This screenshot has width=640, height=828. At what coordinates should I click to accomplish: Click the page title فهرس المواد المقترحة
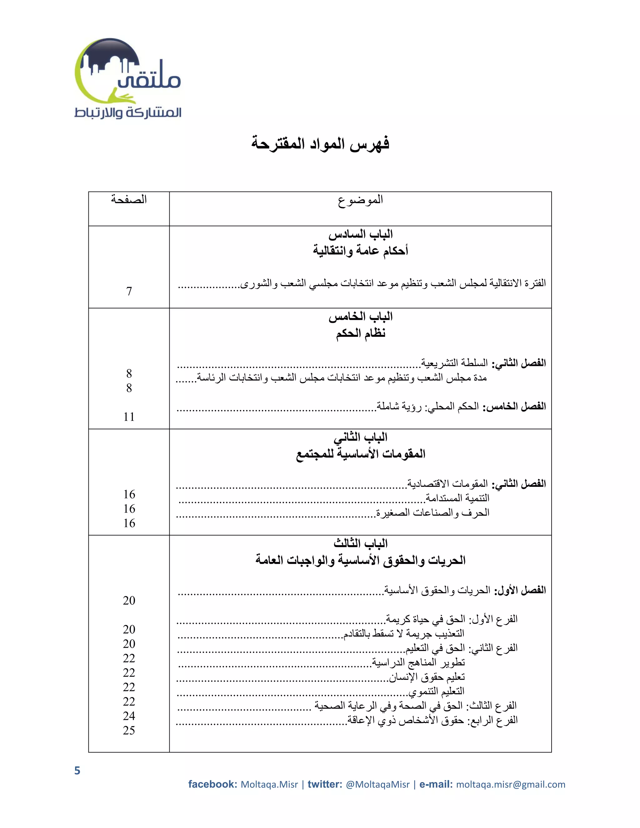point(320,144)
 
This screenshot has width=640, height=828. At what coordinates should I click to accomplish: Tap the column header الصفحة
point(129,199)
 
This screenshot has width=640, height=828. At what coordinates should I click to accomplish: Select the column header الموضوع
point(360,199)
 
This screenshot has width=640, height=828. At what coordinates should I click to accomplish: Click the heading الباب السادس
point(360,234)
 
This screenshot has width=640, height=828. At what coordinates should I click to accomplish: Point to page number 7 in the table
point(129,291)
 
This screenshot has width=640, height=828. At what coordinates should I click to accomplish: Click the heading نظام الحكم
point(360,333)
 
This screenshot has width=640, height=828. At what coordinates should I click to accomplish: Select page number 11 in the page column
point(129,416)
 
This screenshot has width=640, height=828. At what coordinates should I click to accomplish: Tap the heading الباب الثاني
point(360,437)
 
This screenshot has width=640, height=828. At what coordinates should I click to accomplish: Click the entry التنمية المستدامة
point(457,498)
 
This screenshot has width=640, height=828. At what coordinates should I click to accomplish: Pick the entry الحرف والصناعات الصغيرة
point(432,512)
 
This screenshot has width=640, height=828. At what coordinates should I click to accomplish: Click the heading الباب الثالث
point(360,543)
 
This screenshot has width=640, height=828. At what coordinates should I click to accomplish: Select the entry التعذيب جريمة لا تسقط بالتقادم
point(403,633)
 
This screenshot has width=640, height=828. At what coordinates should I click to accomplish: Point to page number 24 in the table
point(129,716)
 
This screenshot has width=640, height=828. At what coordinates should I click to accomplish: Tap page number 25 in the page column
point(129,730)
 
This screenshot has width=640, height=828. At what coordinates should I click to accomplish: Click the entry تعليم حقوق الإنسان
point(427,677)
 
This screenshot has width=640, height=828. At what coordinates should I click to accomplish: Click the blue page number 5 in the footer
point(77,771)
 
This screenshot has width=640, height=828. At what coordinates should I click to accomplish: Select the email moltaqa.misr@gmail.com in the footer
point(510,784)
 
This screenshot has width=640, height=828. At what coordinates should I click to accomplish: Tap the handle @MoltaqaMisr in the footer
point(377,784)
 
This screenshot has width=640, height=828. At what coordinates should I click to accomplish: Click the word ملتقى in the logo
point(150,79)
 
